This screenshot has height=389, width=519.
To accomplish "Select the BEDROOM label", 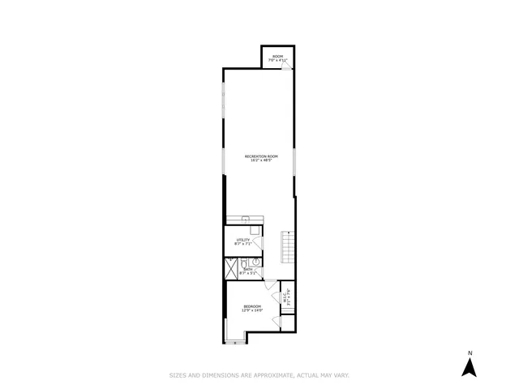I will [251, 306].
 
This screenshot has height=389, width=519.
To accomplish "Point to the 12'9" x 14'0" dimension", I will [251, 311].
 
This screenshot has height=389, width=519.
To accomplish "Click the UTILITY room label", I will [242, 239].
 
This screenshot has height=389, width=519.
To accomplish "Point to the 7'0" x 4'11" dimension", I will [277, 61].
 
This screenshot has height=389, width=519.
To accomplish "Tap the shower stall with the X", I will [231, 267].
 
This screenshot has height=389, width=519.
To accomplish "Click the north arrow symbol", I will [468, 367].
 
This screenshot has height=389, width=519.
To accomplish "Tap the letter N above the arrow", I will [468, 353].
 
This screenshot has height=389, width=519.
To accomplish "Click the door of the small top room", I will [285, 69].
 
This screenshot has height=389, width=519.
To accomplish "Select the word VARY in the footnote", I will [341, 375].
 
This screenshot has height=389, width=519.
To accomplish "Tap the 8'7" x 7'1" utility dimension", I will [242, 244].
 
